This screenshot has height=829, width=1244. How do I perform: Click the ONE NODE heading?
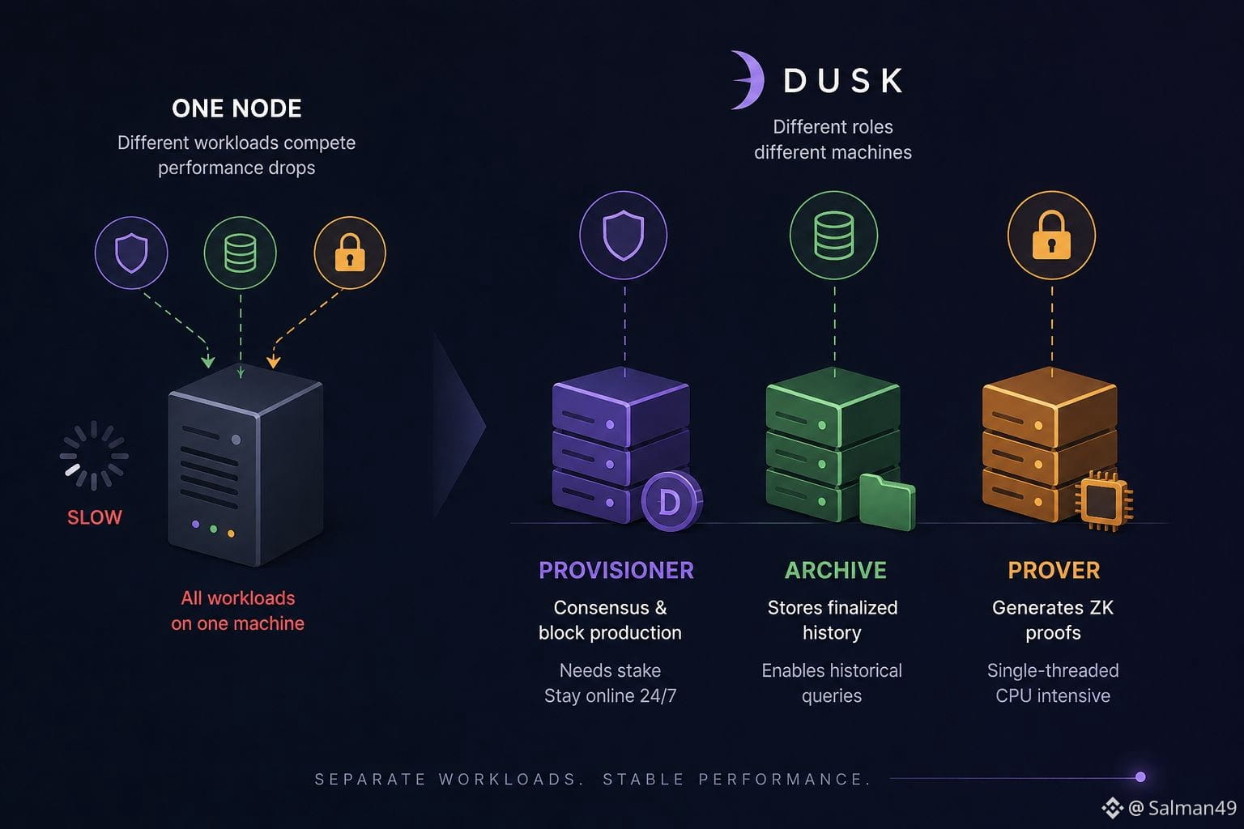click(x=236, y=108)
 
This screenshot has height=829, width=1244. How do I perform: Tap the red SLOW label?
click(x=95, y=517)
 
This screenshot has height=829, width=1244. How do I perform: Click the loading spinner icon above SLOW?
click(x=94, y=455)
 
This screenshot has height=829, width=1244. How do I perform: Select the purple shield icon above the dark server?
click(x=131, y=253)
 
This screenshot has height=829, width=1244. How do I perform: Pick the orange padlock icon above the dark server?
click(x=350, y=253)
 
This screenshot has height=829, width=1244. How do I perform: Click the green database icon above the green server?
click(x=833, y=236)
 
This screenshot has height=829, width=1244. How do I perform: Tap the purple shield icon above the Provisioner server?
click(x=623, y=236)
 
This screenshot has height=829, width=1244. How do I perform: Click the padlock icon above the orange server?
click(x=1051, y=236)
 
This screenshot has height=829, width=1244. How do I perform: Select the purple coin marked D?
click(x=671, y=501)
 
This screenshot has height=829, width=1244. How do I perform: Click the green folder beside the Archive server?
click(x=887, y=502)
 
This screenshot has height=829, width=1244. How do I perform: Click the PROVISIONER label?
click(x=616, y=570)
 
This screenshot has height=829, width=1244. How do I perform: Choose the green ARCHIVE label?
click(x=835, y=570)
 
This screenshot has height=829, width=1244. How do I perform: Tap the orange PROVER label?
click(x=1054, y=570)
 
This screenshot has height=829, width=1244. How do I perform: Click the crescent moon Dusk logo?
click(x=748, y=80)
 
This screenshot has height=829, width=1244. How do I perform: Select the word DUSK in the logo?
click(x=842, y=80)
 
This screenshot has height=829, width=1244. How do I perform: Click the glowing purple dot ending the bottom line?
click(x=1140, y=777)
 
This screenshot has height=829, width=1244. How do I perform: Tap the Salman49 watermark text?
click(x=1192, y=808)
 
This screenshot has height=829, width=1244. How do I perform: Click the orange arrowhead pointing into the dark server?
click(x=273, y=363)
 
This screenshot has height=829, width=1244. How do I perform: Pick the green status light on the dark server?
click(x=213, y=529)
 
